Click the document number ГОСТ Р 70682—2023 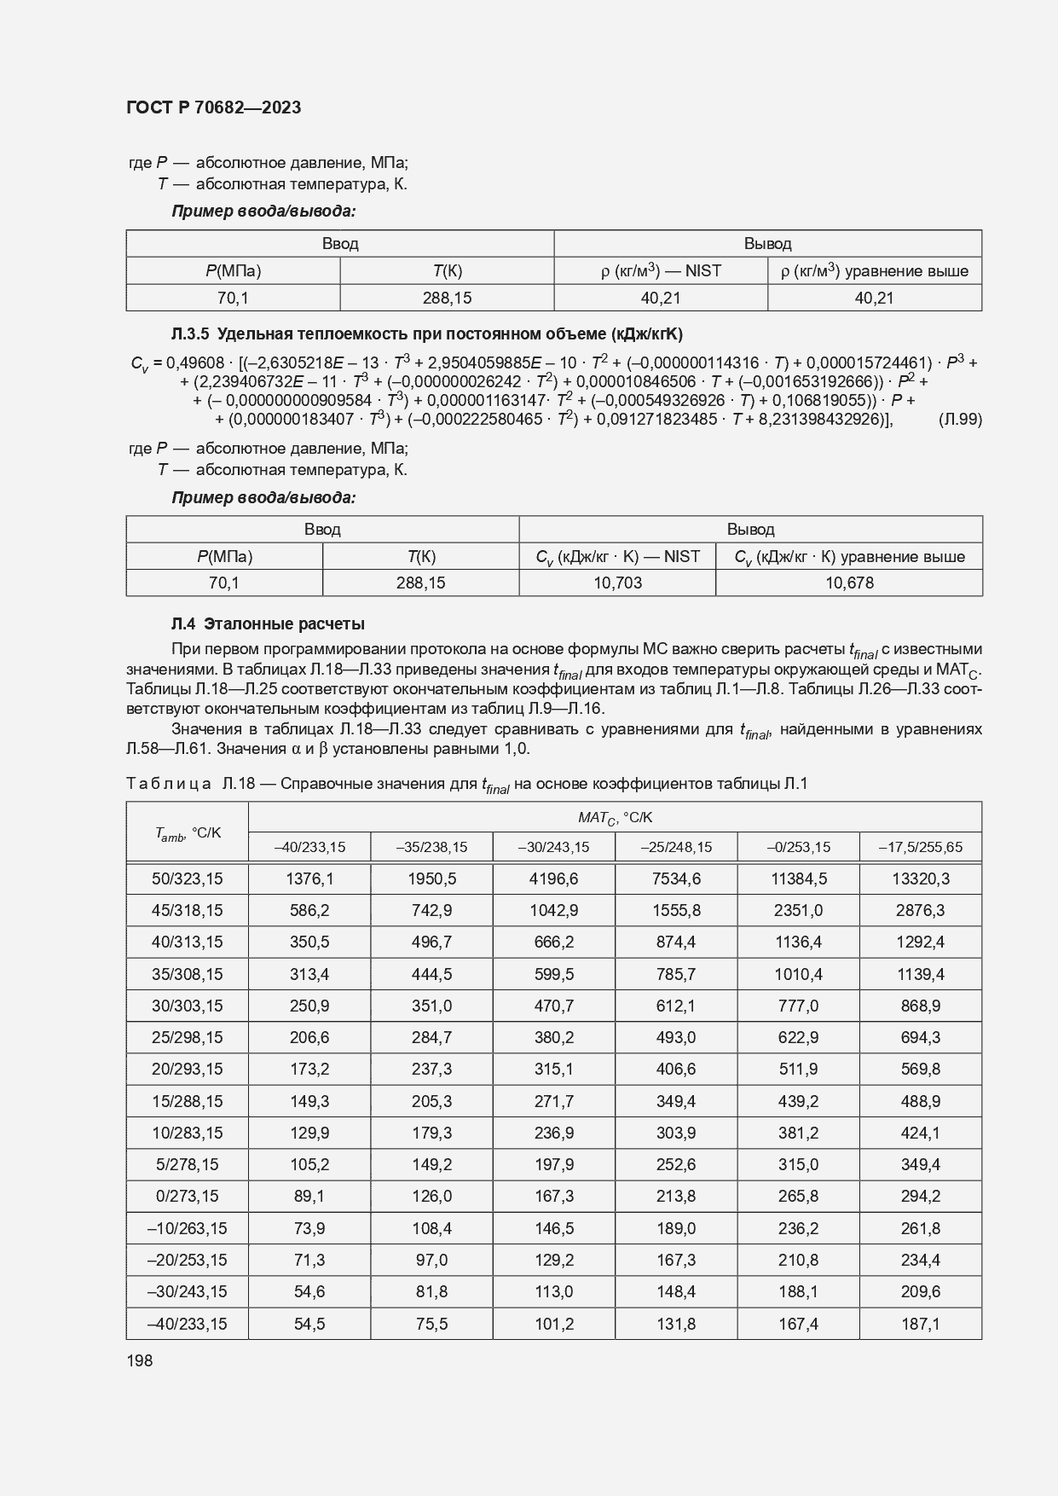(213, 108)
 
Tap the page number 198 (139, 1360)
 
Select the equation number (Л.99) (959, 420)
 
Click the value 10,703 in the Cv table (616, 583)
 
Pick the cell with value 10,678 (848, 583)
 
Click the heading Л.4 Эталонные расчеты (268, 624)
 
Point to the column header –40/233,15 (309, 847)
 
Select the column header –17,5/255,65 (920, 847)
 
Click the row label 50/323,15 (187, 878)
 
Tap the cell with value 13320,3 (920, 878)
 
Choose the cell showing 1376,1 (309, 878)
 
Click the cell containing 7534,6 (676, 878)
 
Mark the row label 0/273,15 (187, 1197)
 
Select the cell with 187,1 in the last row (920, 1324)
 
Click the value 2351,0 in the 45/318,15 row (798, 910)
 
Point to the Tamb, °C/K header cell (187, 832)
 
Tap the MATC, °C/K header (615, 817)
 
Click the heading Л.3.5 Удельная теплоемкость (426, 333)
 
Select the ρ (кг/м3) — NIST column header (661, 271)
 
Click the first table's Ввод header (339, 244)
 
